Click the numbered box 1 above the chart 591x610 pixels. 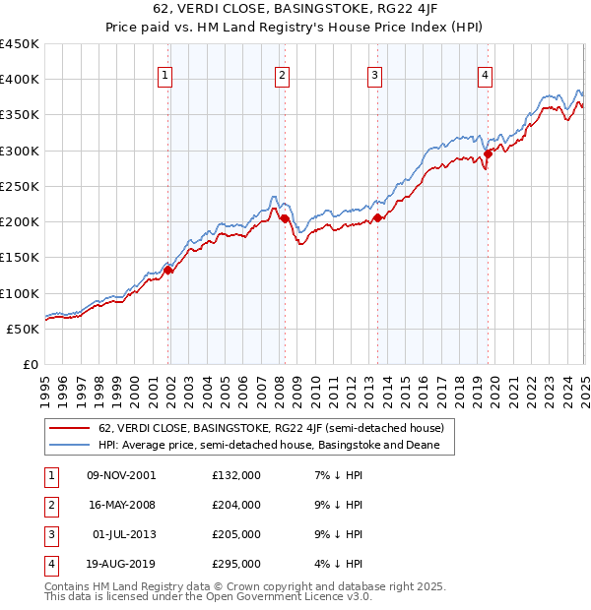coord(164,74)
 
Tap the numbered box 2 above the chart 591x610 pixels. coord(282,74)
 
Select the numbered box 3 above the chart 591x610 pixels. coord(375,74)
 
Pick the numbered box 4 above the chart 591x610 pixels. coord(486,74)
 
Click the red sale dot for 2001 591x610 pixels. coord(168,270)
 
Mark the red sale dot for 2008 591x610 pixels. coord(285,218)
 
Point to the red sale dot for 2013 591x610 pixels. coord(377,217)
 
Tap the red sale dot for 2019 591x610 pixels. coord(489,153)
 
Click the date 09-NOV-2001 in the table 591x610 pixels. coord(121,475)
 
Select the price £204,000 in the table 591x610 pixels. coord(236,505)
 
